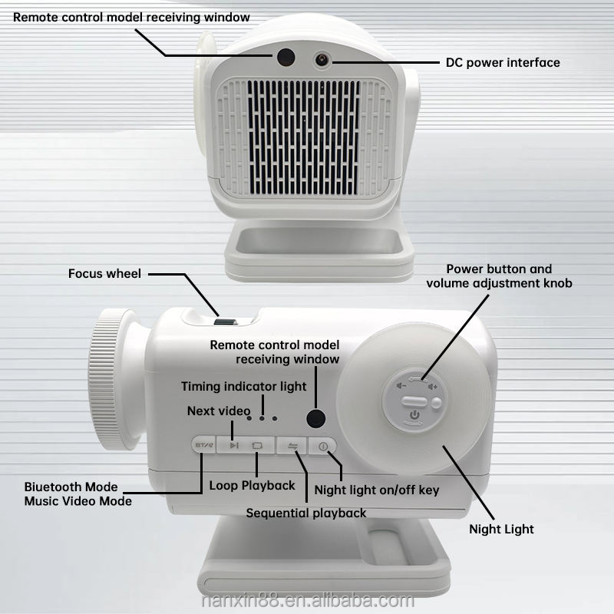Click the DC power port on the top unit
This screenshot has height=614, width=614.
(x=321, y=58)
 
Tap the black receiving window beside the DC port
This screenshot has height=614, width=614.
(x=286, y=57)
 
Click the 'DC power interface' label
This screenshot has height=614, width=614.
(x=503, y=62)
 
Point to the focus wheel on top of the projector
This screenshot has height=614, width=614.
(x=226, y=322)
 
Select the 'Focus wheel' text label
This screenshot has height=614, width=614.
(x=104, y=273)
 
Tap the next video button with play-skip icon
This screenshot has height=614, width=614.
(x=233, y=445)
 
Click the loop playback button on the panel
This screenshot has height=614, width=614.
(x=257, y=445)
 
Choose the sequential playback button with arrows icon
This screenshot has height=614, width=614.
(x=293, y=445)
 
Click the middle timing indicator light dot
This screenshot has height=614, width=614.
(x=262, y=418)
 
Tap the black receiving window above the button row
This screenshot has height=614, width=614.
(x=315, y=418)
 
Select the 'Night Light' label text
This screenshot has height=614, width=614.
(x=501, y=529)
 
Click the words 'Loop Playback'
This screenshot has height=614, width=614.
(x=252, y=485)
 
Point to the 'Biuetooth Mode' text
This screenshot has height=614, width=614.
(x=71, y=487)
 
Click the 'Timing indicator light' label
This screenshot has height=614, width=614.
(x=243, y=386)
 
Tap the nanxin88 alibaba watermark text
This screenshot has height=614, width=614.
(x=307, y=600)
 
